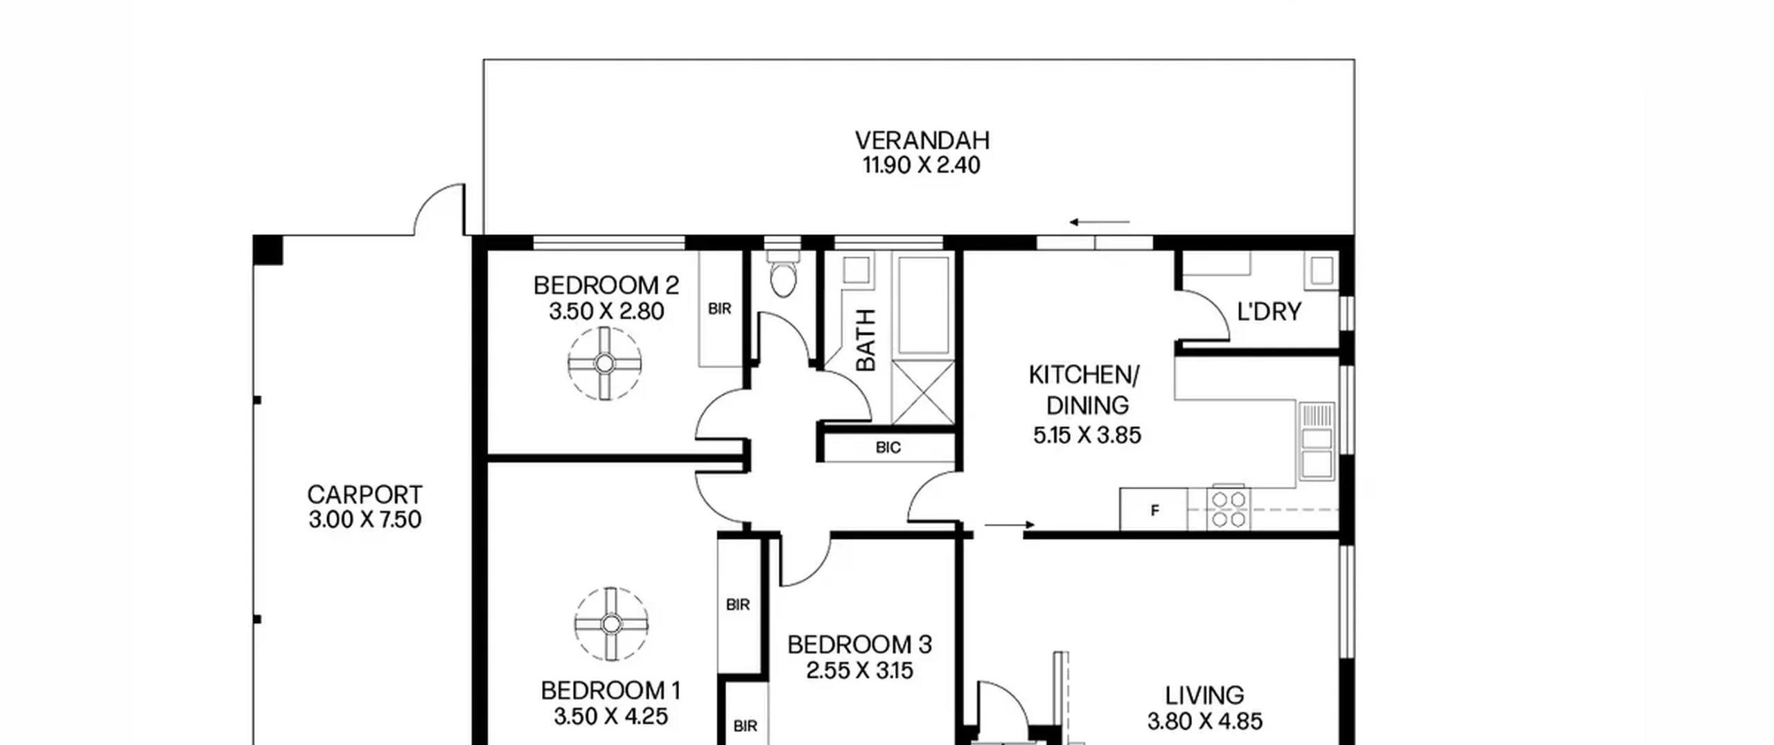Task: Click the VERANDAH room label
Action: coord(922,141)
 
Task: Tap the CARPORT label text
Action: coord(365,495)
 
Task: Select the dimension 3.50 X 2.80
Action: coord(606,311)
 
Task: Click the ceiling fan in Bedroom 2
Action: coord(604,363)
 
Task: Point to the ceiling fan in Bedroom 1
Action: coord(611,624)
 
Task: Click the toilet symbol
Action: coord(783,273)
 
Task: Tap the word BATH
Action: coord(866,340)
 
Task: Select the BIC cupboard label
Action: coord(888,448)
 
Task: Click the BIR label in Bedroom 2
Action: coord(720,309)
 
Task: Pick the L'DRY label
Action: coord(1269,312)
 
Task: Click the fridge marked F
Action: coord(1154,510)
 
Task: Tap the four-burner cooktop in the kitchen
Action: coord(1229,509)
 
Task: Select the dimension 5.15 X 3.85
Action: coord(1087,435)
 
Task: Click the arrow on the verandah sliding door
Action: coord(1100,222)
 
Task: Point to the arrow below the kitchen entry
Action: coord(1010,525)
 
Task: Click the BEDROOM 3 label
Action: coord(859,645)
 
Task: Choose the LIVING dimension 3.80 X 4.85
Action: coord(1204,721)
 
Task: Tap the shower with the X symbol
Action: coord(923,392)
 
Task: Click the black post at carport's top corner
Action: coord(267,249)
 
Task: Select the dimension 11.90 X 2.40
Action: coord(921,166)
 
